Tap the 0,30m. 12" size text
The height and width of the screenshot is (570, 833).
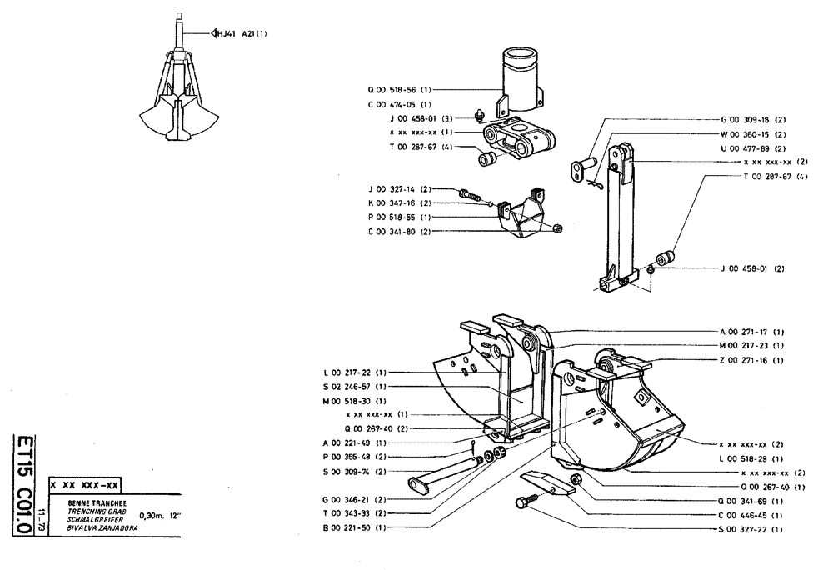tap(162, 516)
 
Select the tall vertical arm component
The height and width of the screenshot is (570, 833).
tap(617, 217)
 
